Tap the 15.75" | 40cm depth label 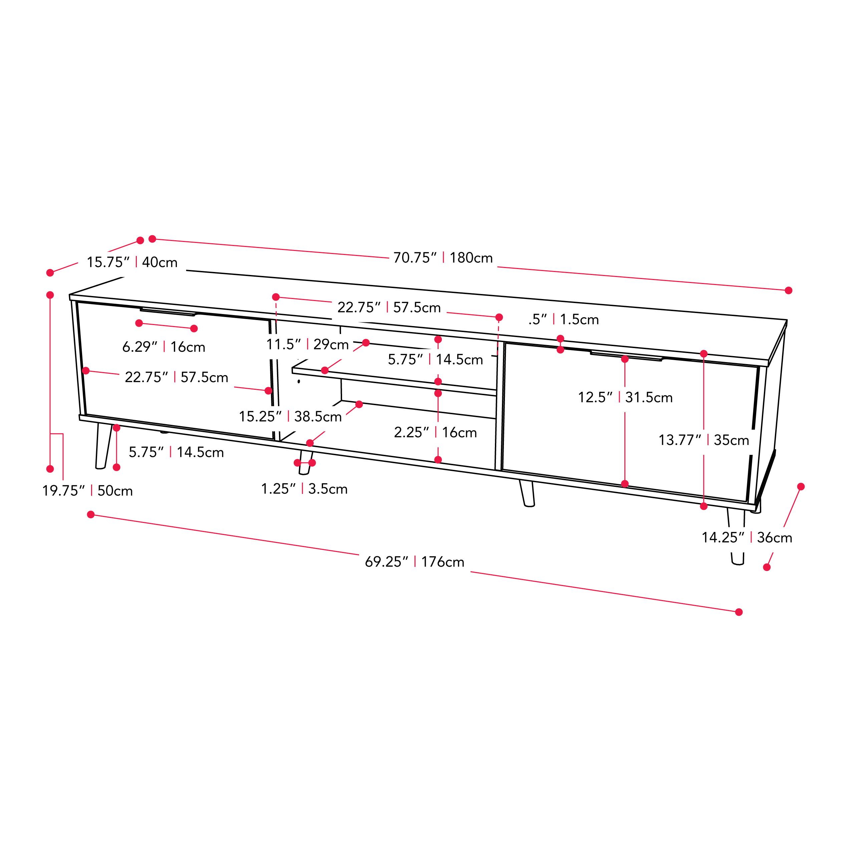click(132, 262)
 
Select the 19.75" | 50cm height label click(87, 490)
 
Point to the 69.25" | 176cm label click(414, 562)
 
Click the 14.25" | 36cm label click(747, 537)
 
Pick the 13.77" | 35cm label click(703, 440)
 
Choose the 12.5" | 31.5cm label click(625, 397)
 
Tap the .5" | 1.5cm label click(563, 319)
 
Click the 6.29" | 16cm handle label click(164, 347)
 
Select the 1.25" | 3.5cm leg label click(304, 489)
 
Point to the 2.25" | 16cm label click(435, 432)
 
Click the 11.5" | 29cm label click(307, 344)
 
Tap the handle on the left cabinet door click(168, 312)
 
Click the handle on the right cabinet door click(626, 356)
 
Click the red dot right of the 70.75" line click(789, 290)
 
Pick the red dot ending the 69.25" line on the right click(739, 612)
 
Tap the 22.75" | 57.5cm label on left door click(176, 377)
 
